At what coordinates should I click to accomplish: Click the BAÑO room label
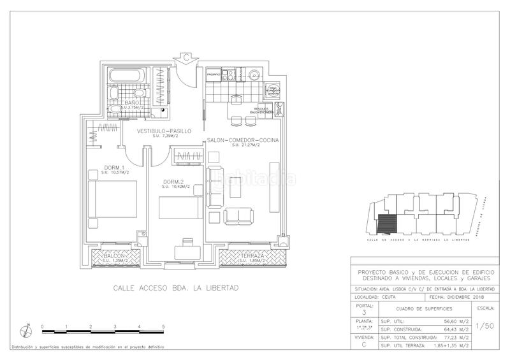[132, 103]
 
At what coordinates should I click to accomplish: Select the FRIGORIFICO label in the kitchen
[213, 75]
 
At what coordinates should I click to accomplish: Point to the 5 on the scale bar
[164, 326]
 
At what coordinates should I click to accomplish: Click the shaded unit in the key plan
[386, 223]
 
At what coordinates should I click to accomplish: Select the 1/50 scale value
[485, 324]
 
